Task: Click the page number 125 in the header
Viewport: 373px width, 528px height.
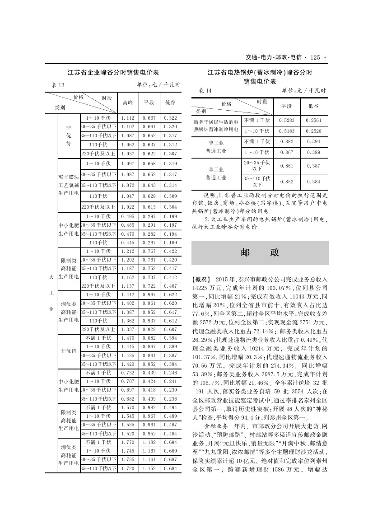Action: coord(315,57)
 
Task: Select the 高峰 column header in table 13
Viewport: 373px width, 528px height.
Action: coord(128,103)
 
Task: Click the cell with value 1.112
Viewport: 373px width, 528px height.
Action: coord(128,118)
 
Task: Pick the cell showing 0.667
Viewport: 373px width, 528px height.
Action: coord(149,118)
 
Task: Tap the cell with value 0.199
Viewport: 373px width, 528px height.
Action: coord(170,216)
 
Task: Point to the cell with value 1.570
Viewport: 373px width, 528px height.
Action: coord(128,407)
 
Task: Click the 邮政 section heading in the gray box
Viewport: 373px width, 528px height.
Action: coord(260,252)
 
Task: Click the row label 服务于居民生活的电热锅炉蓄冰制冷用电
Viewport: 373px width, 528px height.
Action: coord(216,126)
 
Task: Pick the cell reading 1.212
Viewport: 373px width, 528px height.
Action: coord(128,251)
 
